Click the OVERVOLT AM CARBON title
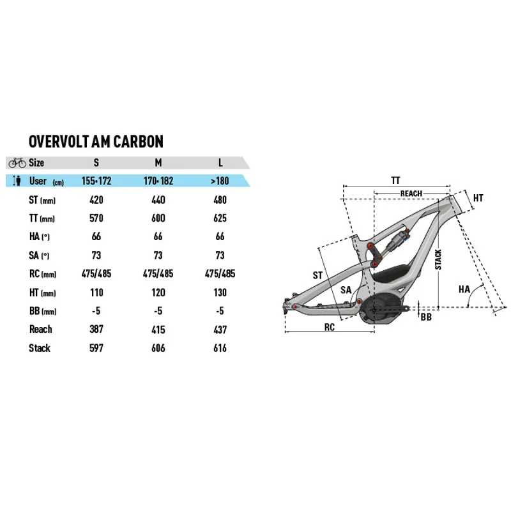coord(96,141)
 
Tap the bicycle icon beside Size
coord(17,163)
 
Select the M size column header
coord(158,163)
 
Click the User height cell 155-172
coord(96,181)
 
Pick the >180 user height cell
coord(220,181)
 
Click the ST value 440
coord(158,200)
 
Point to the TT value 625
coord(220,218)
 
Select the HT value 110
coord(96,292)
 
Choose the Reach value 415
coord(158,330)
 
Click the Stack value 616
coord(220,348)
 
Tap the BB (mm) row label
coord(42,311)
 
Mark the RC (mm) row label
coord(43,274)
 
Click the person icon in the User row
coord(17,181)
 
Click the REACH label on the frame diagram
coord(411,194)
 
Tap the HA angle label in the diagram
coord(464,289)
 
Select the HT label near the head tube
coord(478,198)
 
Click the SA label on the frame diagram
coord(346,290)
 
